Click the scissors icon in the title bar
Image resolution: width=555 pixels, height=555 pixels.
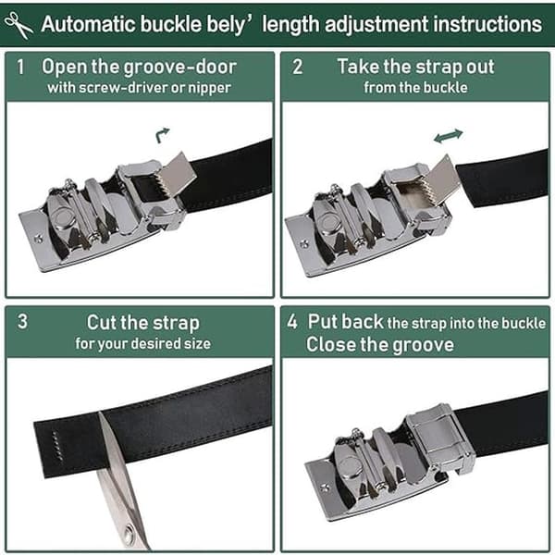18,25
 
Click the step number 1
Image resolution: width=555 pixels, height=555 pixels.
20,67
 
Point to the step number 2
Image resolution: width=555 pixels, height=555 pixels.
297,67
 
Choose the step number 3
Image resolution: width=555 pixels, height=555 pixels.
22,321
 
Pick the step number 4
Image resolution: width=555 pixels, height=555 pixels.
292,321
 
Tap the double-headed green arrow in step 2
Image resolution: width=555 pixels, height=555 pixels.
448,136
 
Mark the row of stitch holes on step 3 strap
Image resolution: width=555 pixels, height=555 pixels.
55,445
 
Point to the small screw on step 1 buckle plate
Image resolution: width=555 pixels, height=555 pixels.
38,239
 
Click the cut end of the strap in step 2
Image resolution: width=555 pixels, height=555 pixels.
466,186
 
